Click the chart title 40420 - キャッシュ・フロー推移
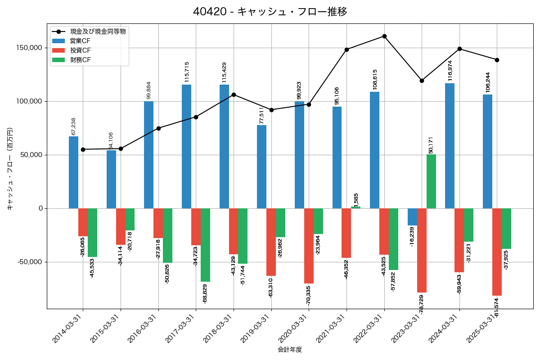(x=270, y=12)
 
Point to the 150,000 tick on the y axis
(x=30, y=48)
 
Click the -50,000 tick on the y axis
(x=30, y=262)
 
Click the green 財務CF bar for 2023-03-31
(x=431, y=181)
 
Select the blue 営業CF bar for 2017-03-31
(x=186, y=146)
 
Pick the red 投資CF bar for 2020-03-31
(x=309, y=246)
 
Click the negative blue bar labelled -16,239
(x=412, y=217)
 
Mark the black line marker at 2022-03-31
(x=384, y=36)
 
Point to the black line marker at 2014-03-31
(x=83, y=149)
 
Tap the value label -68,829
(x=205, y=294)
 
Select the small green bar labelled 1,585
(x=355, y=207)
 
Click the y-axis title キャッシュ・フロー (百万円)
(x=10, y=169)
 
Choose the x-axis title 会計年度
(x=290, y=350)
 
